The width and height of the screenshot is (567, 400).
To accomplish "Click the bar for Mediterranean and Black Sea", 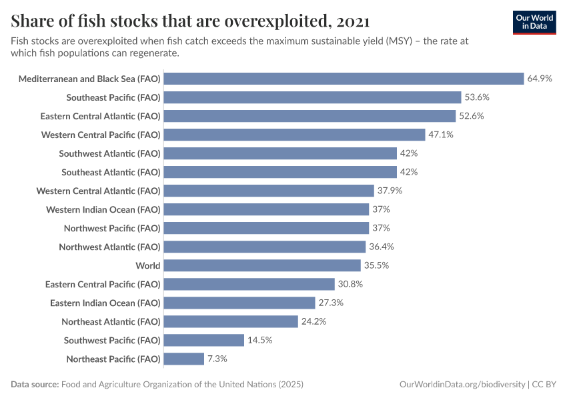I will click(x=344, y=79).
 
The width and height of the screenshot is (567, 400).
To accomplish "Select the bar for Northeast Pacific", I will click(x=183, y=359).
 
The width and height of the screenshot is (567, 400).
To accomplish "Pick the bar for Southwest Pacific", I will click(x=203, y=340).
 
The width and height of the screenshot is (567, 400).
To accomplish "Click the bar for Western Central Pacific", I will click(x=294, y=135).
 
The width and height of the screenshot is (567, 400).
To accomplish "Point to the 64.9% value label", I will click(x=540, y=79).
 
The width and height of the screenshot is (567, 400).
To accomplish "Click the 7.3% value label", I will click(x=217, y=359).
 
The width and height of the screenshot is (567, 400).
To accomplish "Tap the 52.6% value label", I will click(x=471, y=116).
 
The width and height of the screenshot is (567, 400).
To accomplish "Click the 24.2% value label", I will click(x=314, y=321).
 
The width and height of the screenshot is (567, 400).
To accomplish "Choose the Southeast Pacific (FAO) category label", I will click(x=113, y=97).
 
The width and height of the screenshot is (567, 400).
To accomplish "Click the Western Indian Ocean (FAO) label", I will click(x=103, y=209).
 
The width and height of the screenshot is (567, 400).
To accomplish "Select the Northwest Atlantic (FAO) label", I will click(x=109, y=247).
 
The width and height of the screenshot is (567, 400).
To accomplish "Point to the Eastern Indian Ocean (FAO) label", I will click(x=105, y=303).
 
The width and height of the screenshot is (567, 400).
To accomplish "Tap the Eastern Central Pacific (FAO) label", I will click(x=103, y=284).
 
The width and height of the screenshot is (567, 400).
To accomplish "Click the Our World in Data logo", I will click(x=534, y=22).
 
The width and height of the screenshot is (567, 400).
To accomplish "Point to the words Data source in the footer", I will click(x=34, y=385).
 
